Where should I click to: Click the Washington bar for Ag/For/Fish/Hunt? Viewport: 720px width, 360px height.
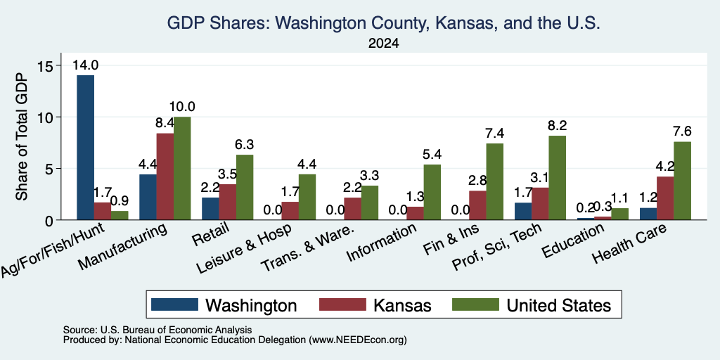[85, 148]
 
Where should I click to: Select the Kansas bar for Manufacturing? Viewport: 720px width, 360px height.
[165, 176]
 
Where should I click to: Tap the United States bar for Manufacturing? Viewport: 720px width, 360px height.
[182, 169]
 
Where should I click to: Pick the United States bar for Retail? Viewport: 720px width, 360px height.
[245, 187]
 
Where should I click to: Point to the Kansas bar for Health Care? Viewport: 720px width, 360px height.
[665, 198]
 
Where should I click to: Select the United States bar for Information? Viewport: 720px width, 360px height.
[432, 192]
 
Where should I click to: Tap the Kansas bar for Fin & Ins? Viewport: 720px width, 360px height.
[477, 205]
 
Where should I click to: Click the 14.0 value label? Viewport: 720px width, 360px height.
[85, 65]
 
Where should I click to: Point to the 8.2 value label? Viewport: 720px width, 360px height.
[558, 125]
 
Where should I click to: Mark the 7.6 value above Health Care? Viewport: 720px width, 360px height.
[682, 131]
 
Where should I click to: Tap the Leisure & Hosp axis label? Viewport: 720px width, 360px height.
[243, 250]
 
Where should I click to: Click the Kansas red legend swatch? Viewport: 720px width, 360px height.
[342, 304]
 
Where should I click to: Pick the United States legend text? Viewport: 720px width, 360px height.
[559, 305]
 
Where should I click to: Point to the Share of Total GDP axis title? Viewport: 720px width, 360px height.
[22, 136]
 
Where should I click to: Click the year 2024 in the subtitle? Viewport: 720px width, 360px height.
[383, 44]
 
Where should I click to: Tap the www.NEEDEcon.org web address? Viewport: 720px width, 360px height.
[358, 340]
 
